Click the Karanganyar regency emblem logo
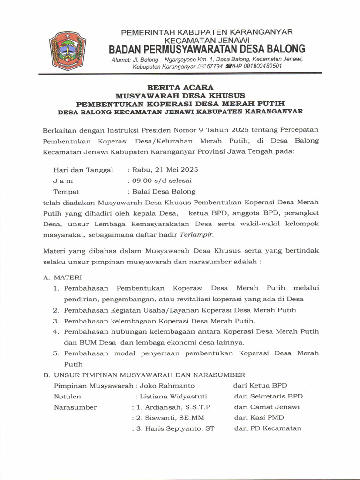point(67,51)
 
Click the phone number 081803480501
point(260,67)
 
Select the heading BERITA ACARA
point(180,87)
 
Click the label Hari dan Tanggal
point(83,170)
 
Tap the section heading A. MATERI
point(62,277)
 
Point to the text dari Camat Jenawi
point(267,407)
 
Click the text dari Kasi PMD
point(259,418)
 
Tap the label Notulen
point(67,397)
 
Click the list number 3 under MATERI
point(55,321)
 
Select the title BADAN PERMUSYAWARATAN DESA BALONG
point(207,49)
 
